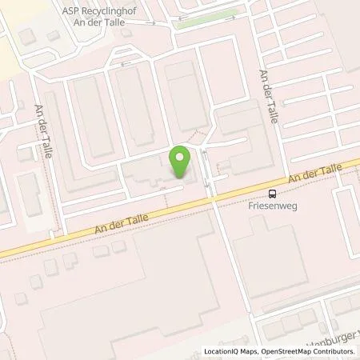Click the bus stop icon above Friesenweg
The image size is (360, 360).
(273, 193)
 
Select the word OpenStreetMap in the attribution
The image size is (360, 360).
(290, 351)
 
